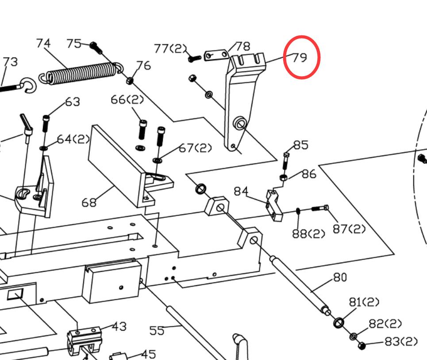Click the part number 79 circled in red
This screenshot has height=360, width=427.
pyautogui.click(x=300, y=58)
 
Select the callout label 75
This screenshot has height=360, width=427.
pyautogui.click(x=74, y=43)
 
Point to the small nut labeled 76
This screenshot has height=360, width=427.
pyautogui.click(x=131, y=81)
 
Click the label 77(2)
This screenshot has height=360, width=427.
pyautogui.click(x=170, y=48)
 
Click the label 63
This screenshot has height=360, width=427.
pyautogui.click(x=73, y=102)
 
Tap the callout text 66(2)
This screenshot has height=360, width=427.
pyautogui.click(x=127, y=100)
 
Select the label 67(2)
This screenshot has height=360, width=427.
pyautogui.click(x=196, y=148)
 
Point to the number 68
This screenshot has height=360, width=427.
pyautogui.click(x=89, y=202)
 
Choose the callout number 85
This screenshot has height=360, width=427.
pyautogui.click(x=300, y=145)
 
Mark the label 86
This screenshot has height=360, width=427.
pyautogui.click(x=309, y=174)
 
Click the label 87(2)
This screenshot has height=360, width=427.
pyautogui.click(x=349, y=229)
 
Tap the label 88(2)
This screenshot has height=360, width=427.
pyautogui.click(x=308, y=233)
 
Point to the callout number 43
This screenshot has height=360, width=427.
pyautogui.click(x=119, y=326)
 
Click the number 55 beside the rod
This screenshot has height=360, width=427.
pyautogui.click(x=157, y=330)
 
